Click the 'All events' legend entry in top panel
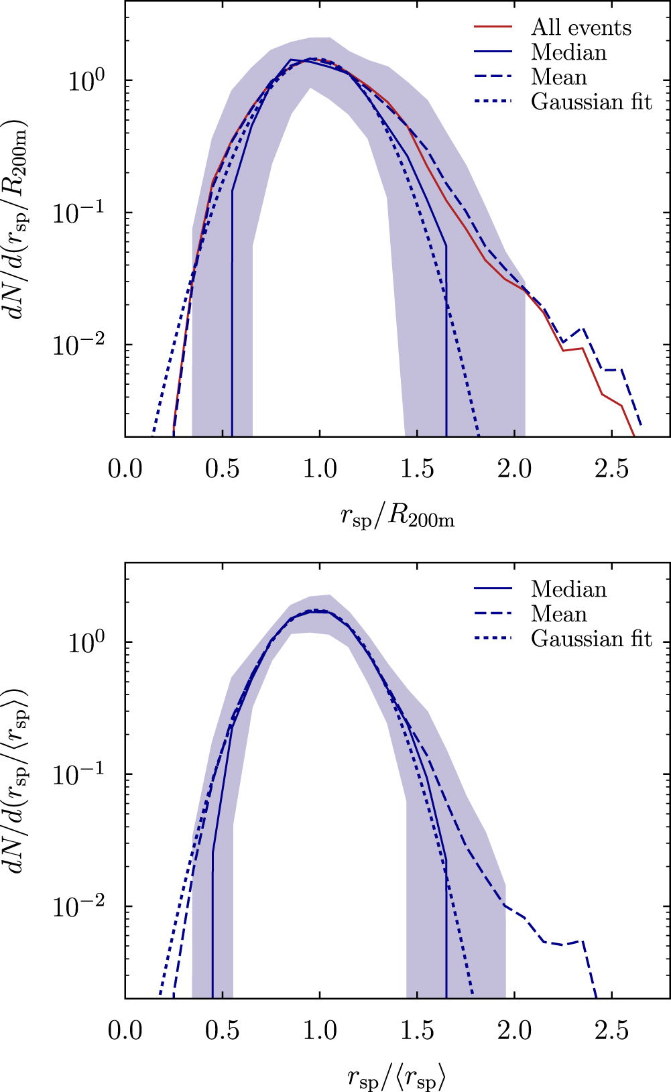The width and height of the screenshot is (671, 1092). (x=581, y=27)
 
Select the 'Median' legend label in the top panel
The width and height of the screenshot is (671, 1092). (x=568, y=52)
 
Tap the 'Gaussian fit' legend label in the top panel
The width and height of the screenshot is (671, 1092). (x=591, y=102)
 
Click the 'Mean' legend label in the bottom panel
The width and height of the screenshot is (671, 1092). (x=558, y=614)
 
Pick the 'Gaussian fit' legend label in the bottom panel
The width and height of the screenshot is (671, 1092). (x=591, y=639)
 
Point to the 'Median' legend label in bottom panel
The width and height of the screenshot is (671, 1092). (x=568, y=589)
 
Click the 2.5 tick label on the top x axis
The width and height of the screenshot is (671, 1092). (x=611, y=469)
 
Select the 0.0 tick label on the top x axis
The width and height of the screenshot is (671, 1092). (x=125, y=469)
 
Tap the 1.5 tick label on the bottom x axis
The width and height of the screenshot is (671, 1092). (x=417, y=1030)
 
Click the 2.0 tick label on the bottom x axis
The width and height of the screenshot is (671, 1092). (x=514, y=1030)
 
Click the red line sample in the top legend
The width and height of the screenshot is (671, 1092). (x=493, y=27)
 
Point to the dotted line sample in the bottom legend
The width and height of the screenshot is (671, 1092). (x=493, y=639)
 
